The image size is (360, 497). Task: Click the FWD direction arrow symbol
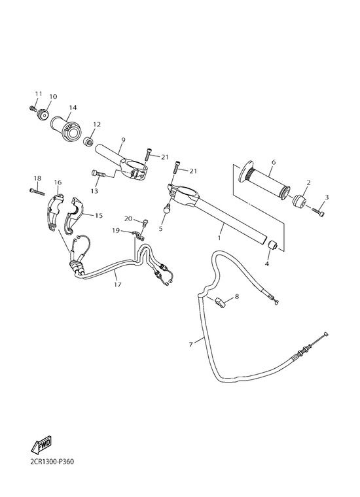click(41, 444)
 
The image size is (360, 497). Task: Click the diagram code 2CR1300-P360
click(52, 461)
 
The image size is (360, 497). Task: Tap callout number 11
click(39, 94)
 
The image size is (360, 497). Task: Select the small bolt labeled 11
click(33, 109)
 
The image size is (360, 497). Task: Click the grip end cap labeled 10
click(43, 114)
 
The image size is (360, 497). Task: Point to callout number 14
click(73, 108)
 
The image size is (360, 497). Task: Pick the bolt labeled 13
click(99, 174)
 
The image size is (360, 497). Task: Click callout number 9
click(124, 140)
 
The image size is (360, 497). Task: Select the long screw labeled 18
click(37, 192)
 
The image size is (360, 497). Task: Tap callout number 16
click(58, 182)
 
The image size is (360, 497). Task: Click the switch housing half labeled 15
click(74, 215)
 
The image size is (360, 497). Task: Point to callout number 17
click(118, 284)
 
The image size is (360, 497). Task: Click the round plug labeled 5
click(167, 209)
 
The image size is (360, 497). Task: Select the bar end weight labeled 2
click(298, 200)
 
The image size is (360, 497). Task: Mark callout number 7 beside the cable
click(190, 344)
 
